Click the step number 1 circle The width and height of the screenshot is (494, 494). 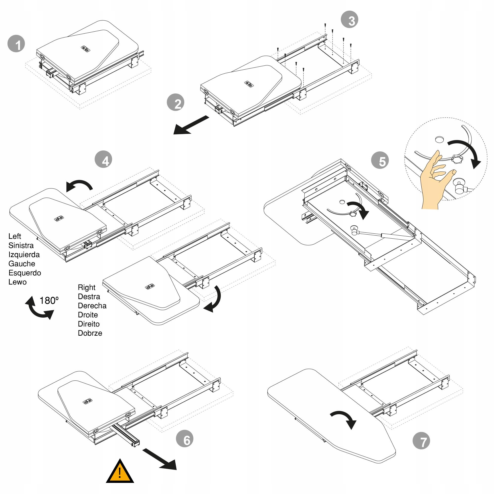pyautogui.click(x=16, y=44)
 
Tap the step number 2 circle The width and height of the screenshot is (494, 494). pyautogui.click(x=175, y=102)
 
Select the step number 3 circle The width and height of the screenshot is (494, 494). pyautogui.click(x=349, y=20)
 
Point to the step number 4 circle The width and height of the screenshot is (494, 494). pyautogui.click(x=103, y=159)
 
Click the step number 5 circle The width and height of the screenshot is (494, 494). pyautogui.click(x=380, y=160)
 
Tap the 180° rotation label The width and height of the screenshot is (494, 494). pyautogui.click(x=49, y=300)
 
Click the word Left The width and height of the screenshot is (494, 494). pyautogui.click(x=15, y=236)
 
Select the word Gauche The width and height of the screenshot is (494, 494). pyautogui.click(x=22, y=264)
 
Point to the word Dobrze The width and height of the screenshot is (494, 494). pyautogui.click(x=90, y=333)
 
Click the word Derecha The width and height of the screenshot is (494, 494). pyautogui.click(x=92, y=306)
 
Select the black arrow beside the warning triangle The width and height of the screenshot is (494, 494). pyautogui.click(x=160, y=459)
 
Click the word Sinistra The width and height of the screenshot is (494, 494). pyautogui.click(x=21, y=246)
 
